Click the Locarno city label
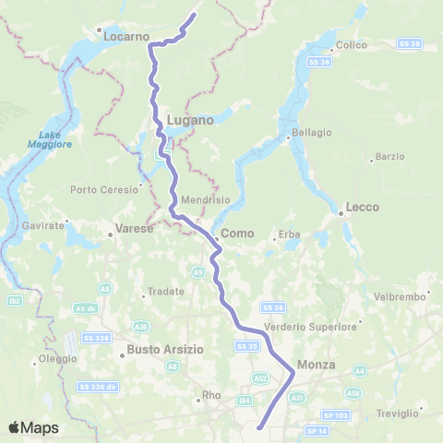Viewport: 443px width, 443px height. [x=126, y=37]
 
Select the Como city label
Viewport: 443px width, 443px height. [x=236, y=234]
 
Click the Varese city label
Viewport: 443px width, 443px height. [x=134, y=228]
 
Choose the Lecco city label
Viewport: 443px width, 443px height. [x=362, y=208]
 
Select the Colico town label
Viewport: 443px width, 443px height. [x=352, y=45]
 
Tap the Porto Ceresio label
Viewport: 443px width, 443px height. [x=103, y=190]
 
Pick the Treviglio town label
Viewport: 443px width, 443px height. [x=398, y=413]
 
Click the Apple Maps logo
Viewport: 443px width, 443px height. [x=33, y=427]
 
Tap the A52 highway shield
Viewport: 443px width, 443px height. [x=260, y=378]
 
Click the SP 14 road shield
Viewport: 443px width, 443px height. [x=316, y=431]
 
